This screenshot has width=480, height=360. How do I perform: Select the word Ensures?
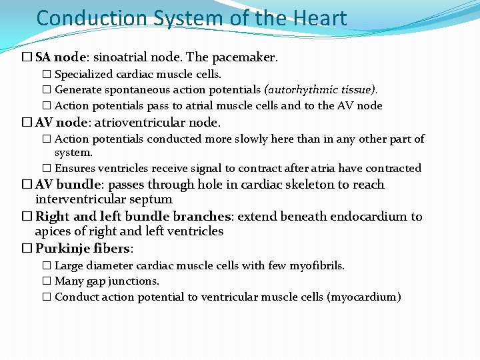73,169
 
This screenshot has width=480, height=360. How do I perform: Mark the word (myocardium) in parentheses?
364,297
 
